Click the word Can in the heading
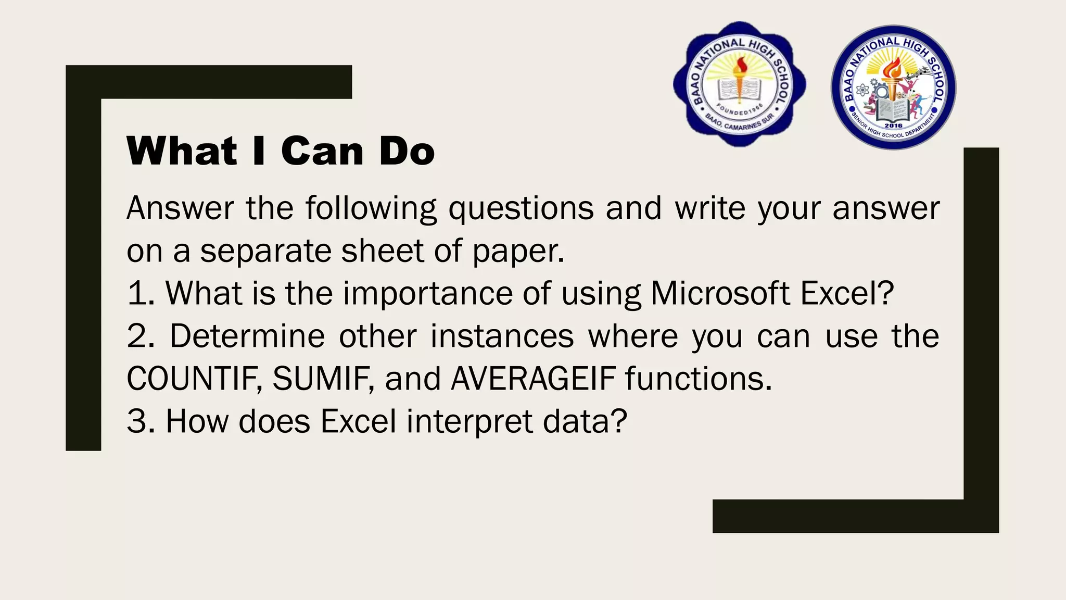click(x=322, y=151)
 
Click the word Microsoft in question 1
click(x=720, y=293)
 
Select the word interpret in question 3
click(x=469, y=422)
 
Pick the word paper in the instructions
click(x=517, y=252)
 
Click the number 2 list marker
click(x=138, y=336)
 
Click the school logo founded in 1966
click(x=739, y=84)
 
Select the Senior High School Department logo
click(x=893, y=87)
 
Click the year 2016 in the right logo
click(x=893, y=126)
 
